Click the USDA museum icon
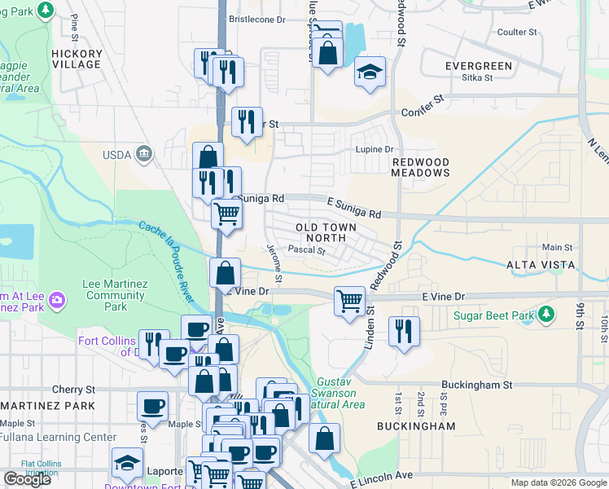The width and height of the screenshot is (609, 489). (x=144, y=153)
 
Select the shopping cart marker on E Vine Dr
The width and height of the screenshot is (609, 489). (x=350, y=301)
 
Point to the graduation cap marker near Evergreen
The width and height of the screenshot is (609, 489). (x=369, y=73)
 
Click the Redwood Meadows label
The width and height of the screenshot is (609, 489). (x=421, y=168)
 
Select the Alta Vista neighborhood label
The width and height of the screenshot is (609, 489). (x=541, y=265)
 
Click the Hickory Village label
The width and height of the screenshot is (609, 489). (x=77, y=59)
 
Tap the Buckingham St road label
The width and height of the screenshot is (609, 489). (x=475, y=384)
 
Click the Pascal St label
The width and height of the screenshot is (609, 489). (x=307, y=251)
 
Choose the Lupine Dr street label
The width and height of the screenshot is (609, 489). (x=374, y=149)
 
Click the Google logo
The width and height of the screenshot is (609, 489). (x=28, y=479)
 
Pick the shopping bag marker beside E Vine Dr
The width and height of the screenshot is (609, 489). (x=225, y=273)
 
